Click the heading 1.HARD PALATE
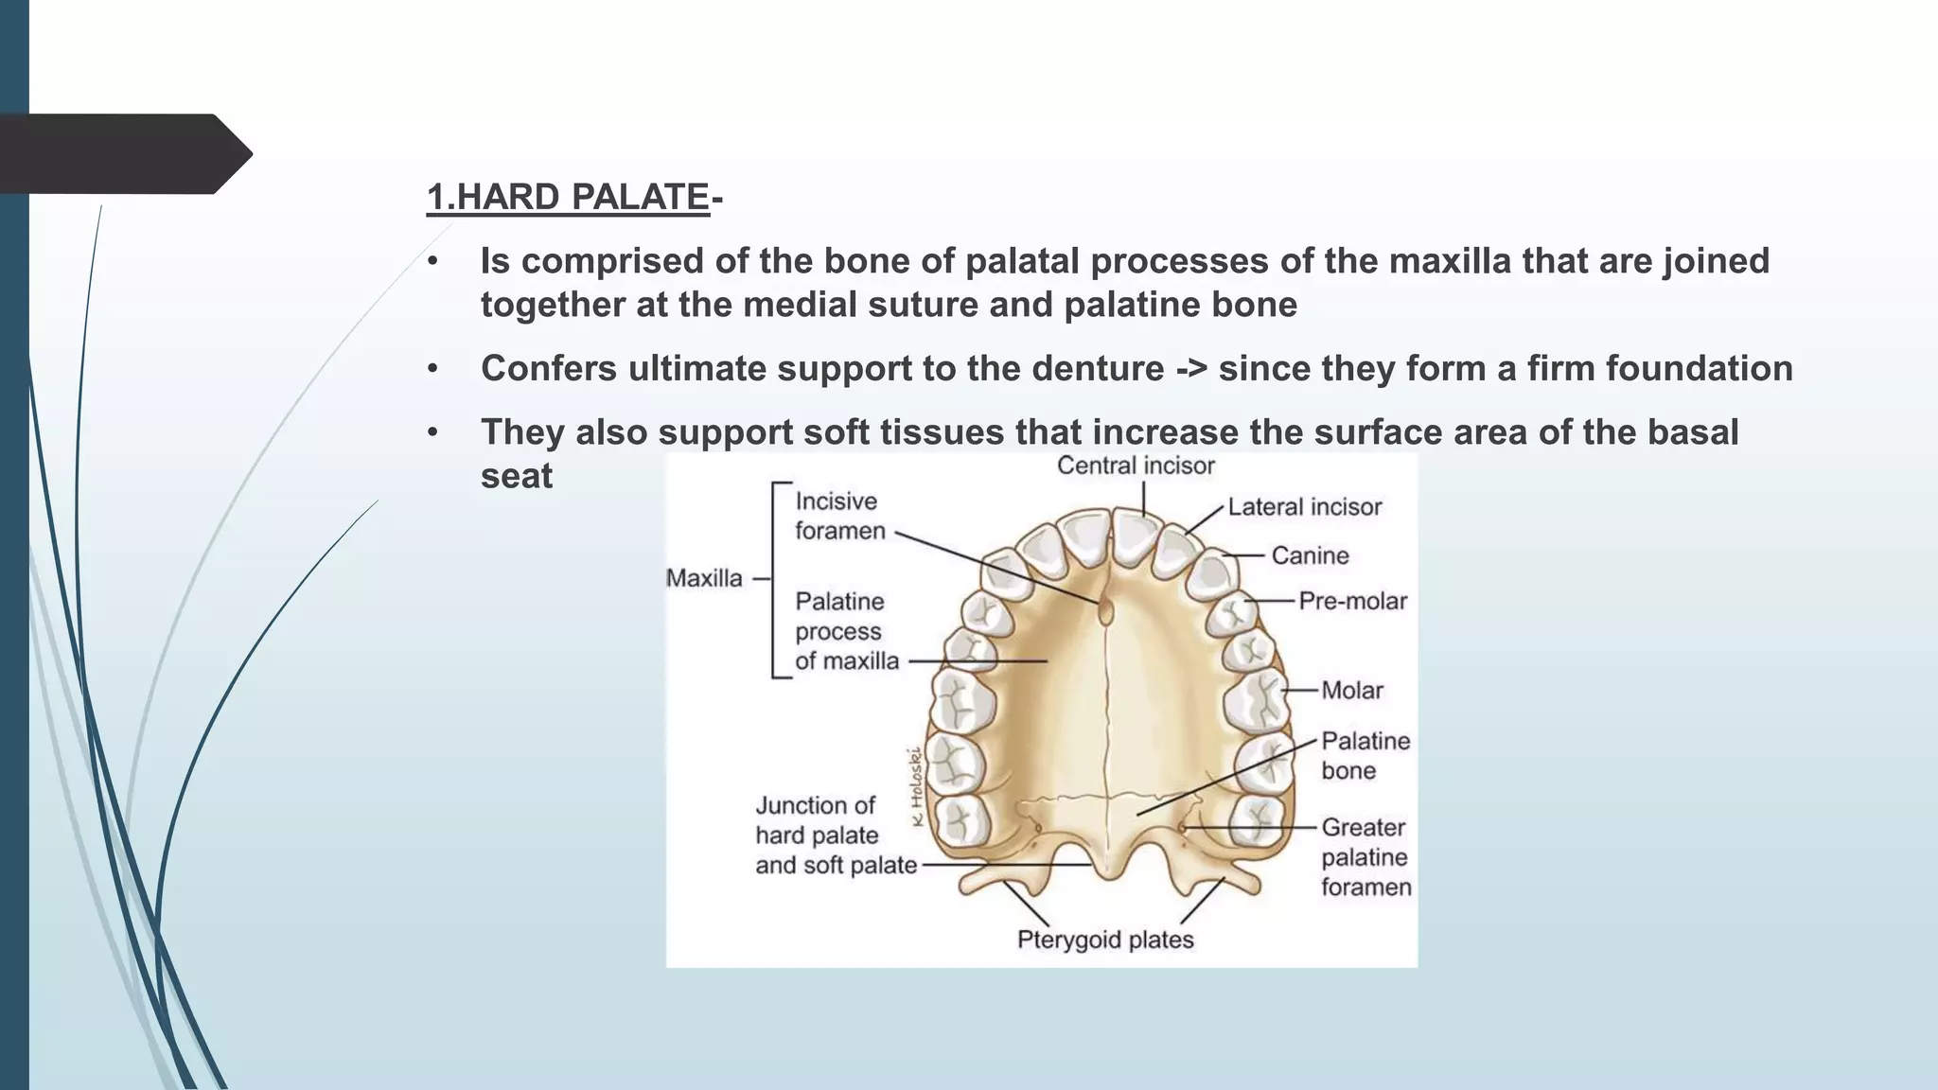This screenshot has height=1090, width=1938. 568,197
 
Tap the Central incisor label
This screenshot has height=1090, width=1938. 1136,466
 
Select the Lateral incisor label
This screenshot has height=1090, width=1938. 1305,507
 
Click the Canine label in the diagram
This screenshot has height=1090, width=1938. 1310,555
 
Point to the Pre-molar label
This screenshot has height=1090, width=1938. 1352,601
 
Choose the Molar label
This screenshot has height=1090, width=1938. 1352,691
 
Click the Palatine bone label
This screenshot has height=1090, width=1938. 1365,755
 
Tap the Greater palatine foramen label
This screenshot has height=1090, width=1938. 1365,857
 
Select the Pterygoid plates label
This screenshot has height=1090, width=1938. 1105,940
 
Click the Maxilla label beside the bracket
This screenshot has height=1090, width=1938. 704,578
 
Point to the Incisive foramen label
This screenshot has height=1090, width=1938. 839,516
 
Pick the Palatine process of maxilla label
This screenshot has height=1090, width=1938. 846,631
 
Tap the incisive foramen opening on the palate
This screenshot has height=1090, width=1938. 1105,610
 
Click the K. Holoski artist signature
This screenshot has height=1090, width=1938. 914,786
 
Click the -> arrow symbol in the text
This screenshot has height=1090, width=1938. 1190,369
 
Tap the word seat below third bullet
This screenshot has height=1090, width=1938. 516,476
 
